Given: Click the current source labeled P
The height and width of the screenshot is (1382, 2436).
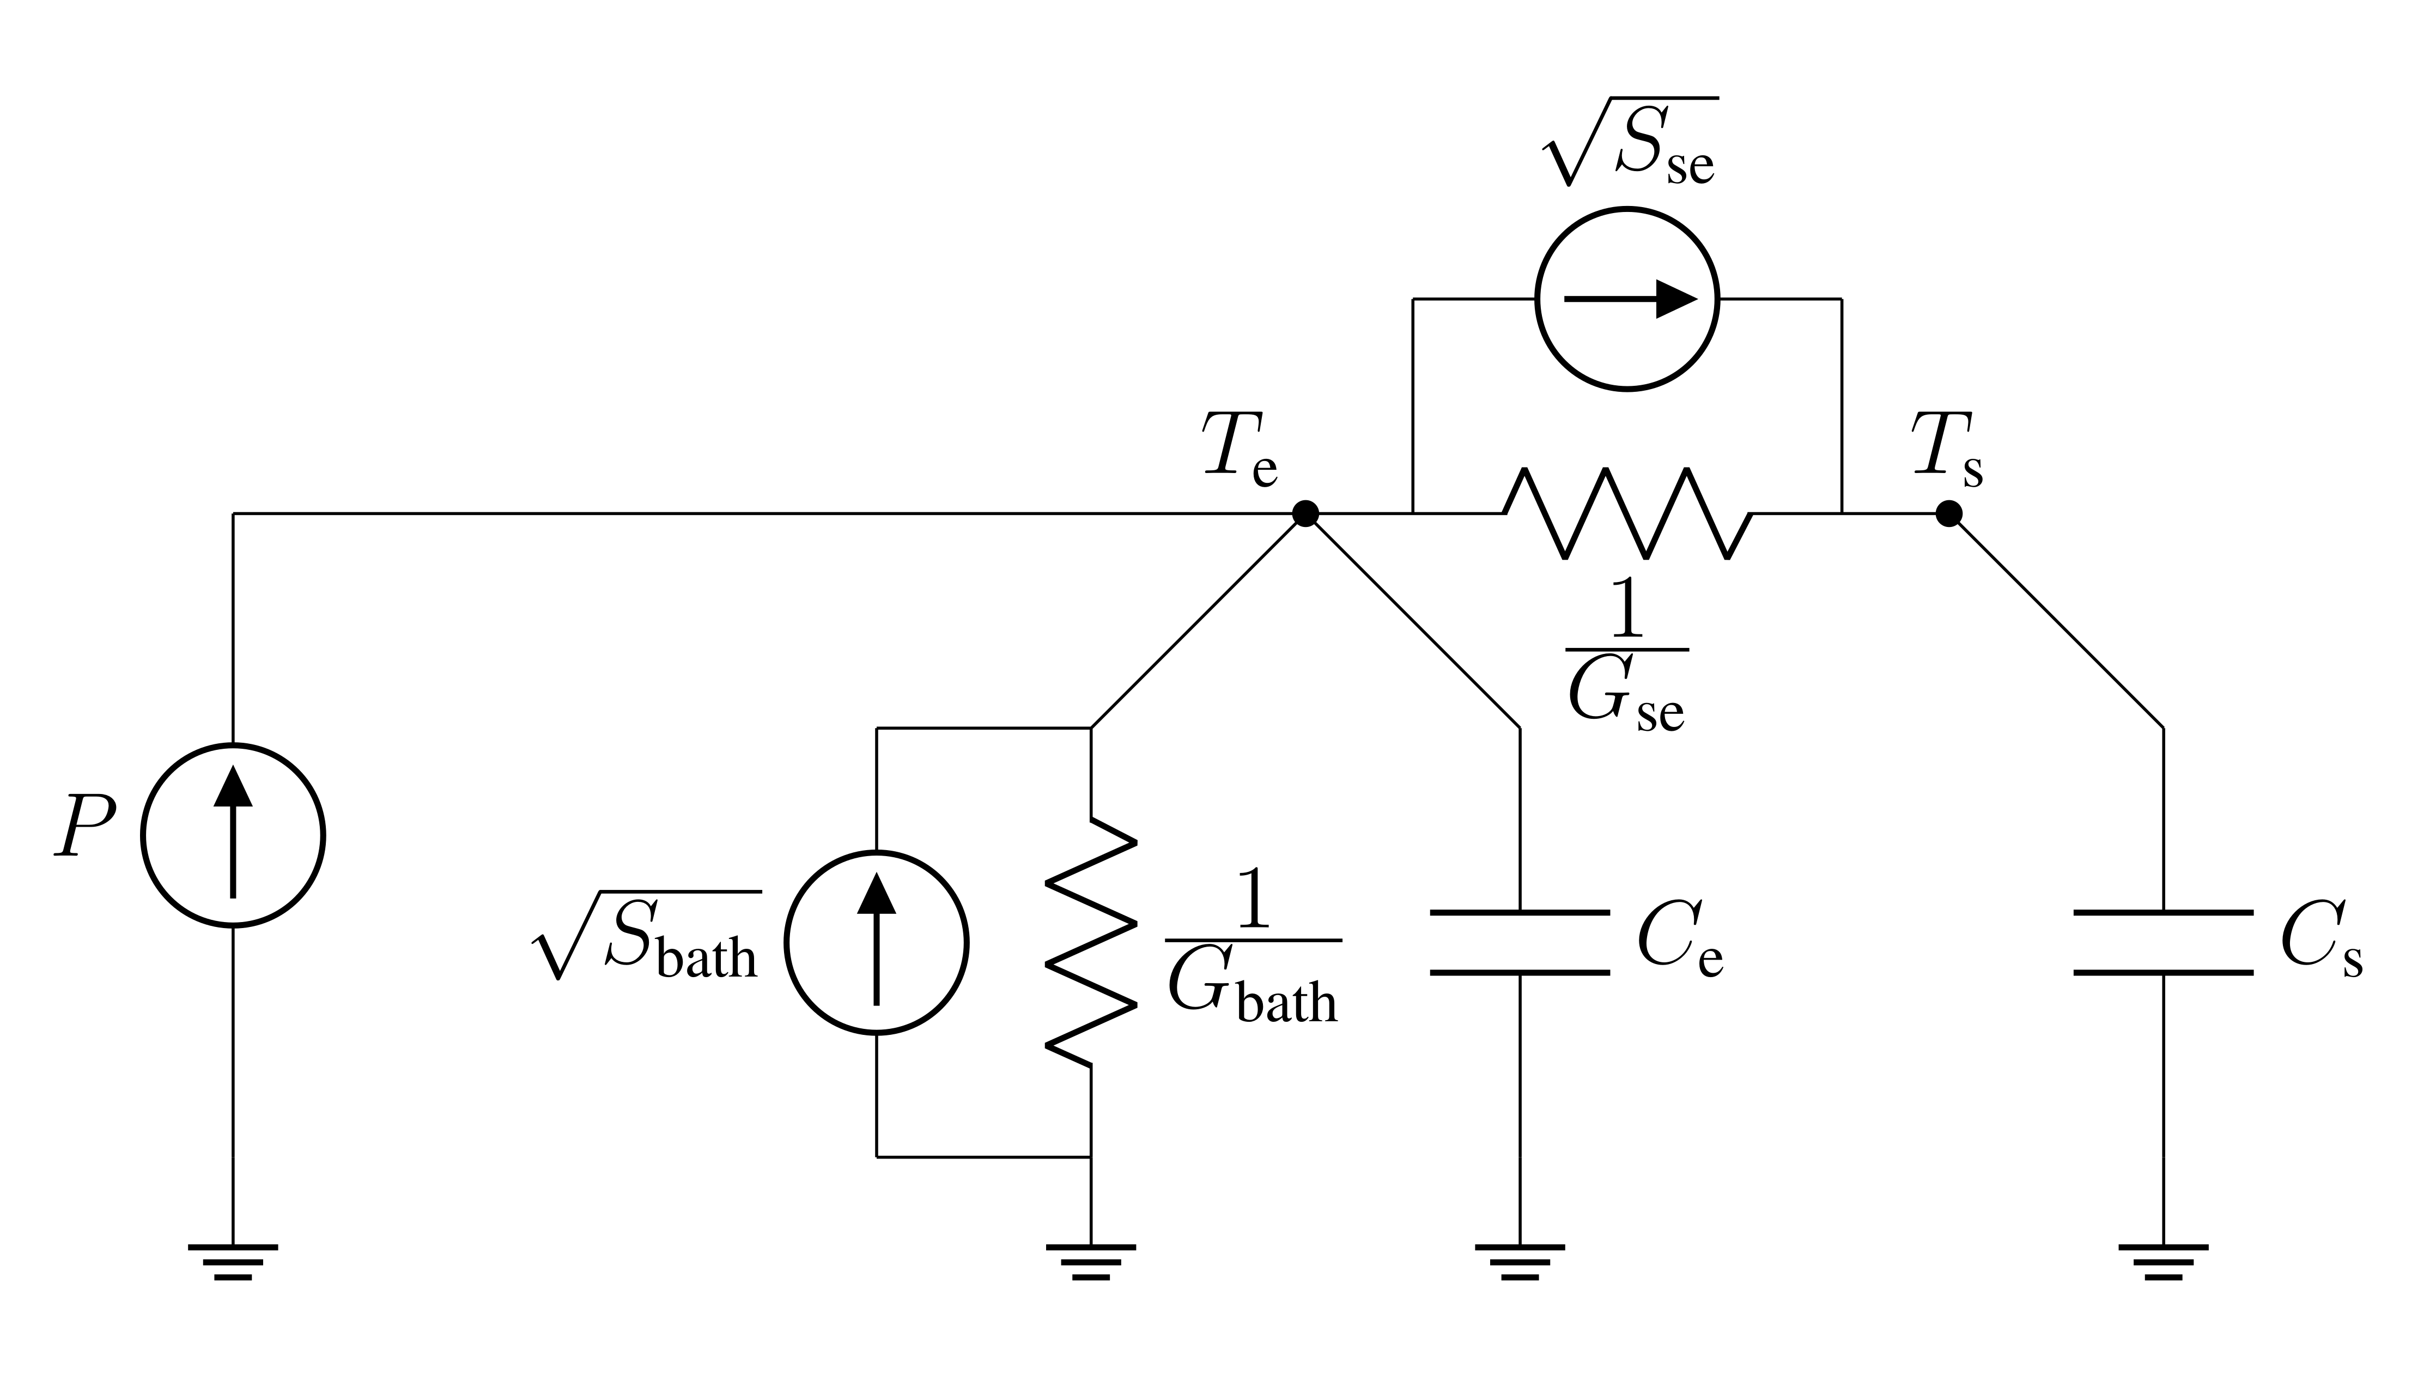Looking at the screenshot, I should click(x=233, y=835).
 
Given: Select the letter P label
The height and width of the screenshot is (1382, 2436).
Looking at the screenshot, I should click(x=86, y=826).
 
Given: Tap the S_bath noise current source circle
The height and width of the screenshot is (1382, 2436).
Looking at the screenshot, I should click(x=876, y=943).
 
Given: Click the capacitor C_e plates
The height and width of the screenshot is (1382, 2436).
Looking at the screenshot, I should click(x=1519, y=943).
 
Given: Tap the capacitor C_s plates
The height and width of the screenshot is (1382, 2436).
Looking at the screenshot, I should click(x=2162, y=943).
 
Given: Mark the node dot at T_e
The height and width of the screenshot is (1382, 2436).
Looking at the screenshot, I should click(x=1306, y=513).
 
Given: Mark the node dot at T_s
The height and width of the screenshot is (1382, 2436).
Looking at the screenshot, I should click(x=1949, y=513).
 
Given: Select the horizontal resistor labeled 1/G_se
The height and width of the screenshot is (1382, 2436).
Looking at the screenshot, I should click(x=1626, y=513).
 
